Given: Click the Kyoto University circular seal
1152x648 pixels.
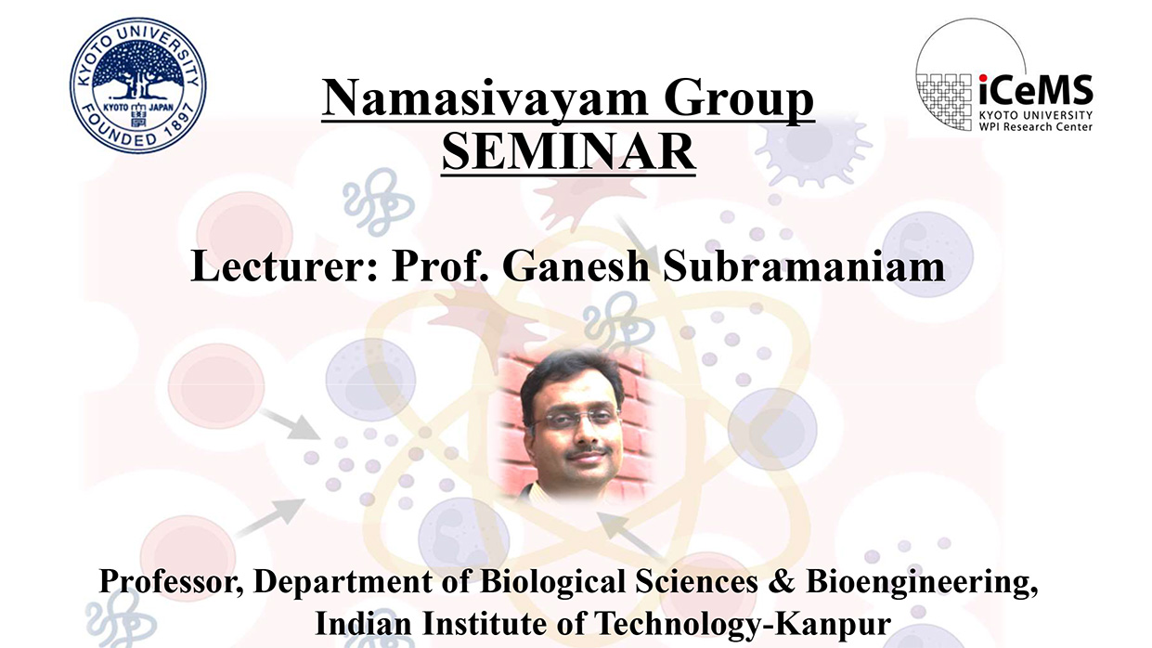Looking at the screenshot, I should (x=138, y=86).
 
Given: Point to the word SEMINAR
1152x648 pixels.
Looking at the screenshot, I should (x=567, y=152).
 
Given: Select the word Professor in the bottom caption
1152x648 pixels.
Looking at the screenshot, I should (x=170, y=582).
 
